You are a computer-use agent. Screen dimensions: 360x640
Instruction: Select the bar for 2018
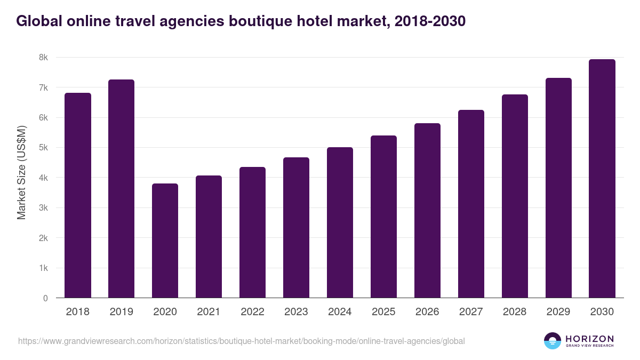78,195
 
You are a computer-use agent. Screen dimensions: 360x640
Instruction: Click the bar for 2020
165,241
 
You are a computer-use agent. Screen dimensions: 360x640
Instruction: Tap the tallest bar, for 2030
602,179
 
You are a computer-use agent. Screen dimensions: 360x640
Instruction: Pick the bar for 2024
340,222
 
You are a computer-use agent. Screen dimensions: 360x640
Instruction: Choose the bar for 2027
471,204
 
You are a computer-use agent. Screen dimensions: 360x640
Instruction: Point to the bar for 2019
122,189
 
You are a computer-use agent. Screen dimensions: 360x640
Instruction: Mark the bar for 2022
253,233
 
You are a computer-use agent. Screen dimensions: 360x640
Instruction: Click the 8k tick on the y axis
43,58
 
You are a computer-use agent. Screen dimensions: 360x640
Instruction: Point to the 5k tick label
43,148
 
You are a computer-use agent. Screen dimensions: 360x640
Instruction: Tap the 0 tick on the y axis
45,298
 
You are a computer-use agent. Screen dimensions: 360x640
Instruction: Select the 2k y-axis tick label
43,238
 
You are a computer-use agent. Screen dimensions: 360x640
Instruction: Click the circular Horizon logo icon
552,341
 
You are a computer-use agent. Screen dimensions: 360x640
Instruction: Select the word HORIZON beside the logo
589,338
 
